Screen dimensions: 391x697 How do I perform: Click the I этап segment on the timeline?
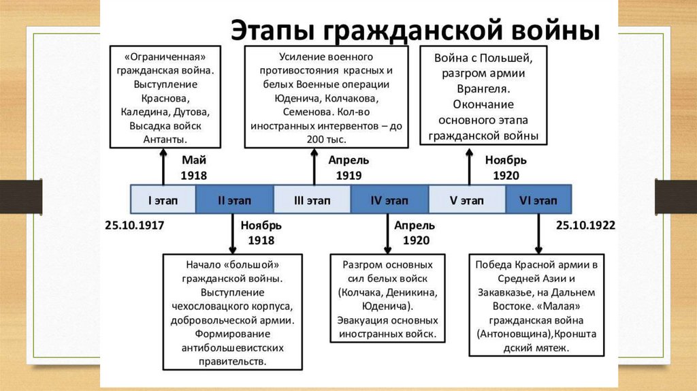[x=163, y=200]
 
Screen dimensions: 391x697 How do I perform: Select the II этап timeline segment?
[x=234, y=200]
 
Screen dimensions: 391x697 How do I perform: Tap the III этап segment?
[x=312, y=200]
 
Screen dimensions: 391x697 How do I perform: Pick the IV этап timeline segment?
[x=389, y=200]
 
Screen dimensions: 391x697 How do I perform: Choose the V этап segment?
[x=467, y=200]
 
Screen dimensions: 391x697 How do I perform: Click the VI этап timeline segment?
[x=538, y=200]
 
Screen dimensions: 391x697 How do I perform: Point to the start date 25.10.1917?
[x=135, y=225]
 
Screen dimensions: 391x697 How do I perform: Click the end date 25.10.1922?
[x=585, y=225]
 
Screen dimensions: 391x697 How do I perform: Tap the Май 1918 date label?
[x=193, y=168]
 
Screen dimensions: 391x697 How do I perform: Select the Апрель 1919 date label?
[x=348, y=168]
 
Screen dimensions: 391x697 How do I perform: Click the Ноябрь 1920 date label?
[x=506, y=168]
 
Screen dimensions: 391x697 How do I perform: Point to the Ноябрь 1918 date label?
[x=261, y=233]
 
